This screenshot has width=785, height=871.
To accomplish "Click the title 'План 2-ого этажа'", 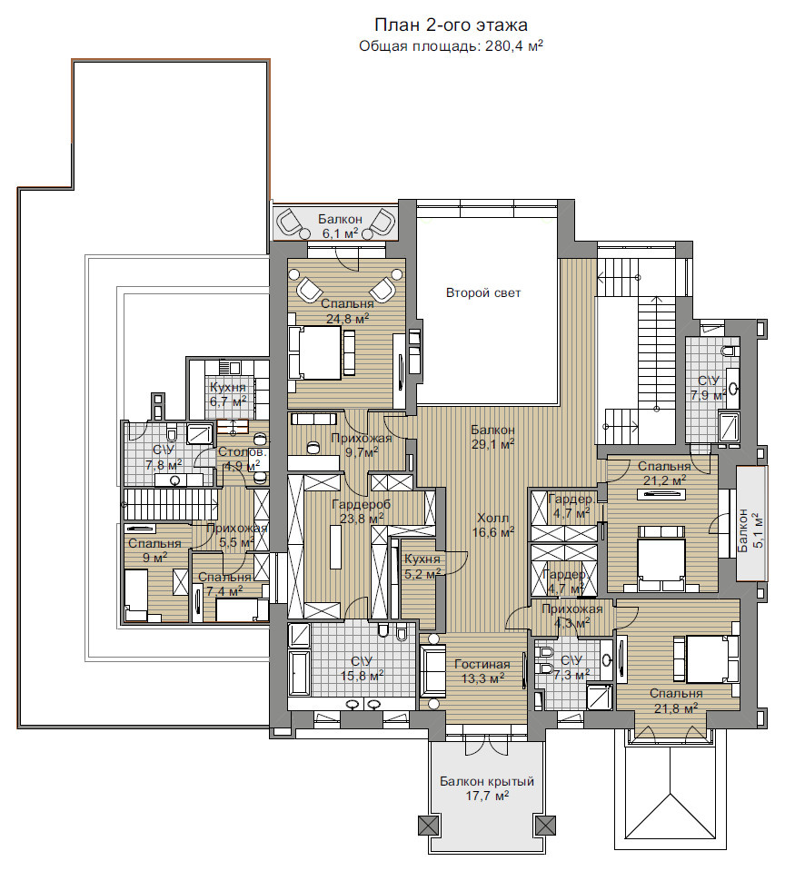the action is point(451,25).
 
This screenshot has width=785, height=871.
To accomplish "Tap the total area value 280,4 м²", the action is point(514,45).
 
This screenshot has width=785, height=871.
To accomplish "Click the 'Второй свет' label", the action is point(483,292).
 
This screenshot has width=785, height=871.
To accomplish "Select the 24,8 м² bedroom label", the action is point(347,311).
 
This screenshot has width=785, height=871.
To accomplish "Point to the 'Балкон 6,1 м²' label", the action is point(340,226).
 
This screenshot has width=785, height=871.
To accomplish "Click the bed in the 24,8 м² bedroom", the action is point(314,352).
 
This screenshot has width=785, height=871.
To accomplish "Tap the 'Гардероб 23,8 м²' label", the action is point(361,511).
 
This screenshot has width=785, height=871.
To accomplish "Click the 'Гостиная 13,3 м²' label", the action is point(482,670).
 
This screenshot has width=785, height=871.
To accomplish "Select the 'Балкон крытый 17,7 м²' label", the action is point(487,788).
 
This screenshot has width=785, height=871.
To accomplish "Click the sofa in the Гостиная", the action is point(432,671).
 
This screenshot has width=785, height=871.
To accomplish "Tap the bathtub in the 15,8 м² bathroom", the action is point(299,673).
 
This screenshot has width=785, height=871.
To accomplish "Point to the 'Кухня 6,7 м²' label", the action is point(228,393).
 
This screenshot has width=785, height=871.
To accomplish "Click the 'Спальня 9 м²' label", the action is point(154,550).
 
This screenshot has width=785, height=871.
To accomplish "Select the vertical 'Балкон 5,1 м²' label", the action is point(751,529).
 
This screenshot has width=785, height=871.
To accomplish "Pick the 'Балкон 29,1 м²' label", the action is point(492,437).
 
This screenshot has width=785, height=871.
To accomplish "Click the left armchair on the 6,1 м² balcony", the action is point(290,223).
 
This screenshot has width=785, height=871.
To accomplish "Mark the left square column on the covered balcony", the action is point(426,825).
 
